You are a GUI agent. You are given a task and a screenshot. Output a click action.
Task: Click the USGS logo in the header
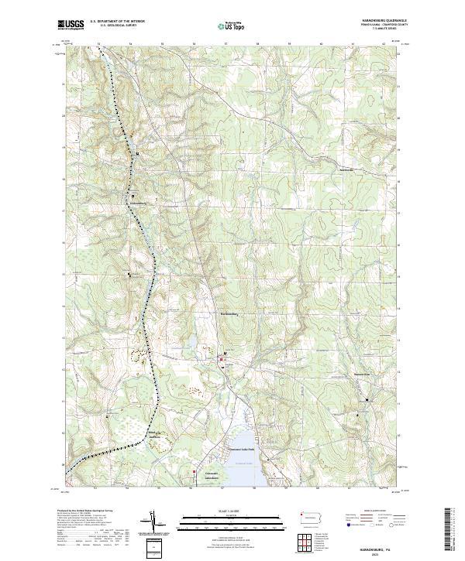pos(71,26)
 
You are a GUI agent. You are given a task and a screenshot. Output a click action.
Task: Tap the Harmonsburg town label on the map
pos(227,313)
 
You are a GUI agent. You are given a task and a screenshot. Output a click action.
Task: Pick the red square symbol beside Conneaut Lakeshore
pos(194,470)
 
